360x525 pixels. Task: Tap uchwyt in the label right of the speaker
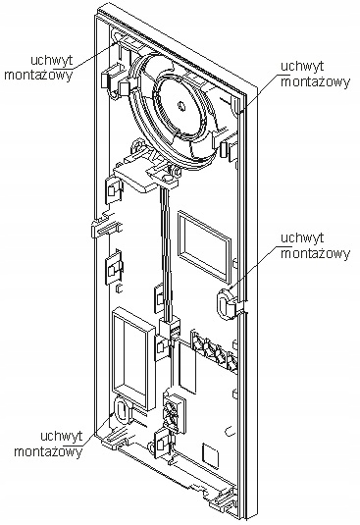pos(300,66)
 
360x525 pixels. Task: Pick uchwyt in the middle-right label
pos(300,236)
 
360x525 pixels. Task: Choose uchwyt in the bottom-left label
pos(57,435)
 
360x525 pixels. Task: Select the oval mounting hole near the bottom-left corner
pos(121,409)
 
